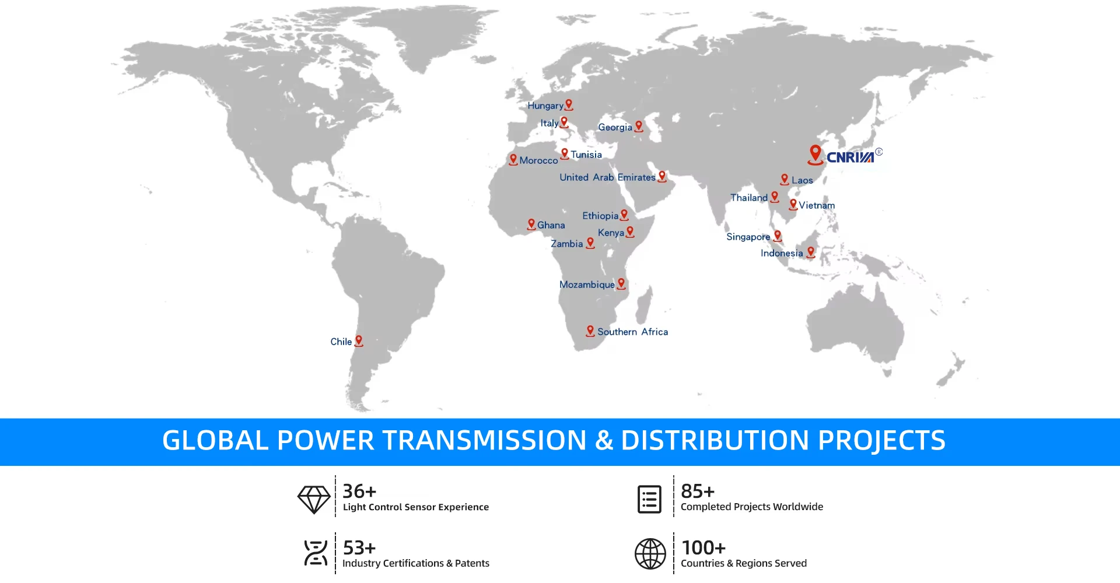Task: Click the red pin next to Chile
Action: (x=359, y=341)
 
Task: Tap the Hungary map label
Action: (x=545, y=106)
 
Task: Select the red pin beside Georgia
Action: (x=639, y=126)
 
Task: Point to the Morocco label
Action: (x=538, y=160)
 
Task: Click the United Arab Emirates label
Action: (x=607, y=177)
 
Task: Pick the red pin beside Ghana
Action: (x=531, y=224)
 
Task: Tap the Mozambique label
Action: (x=587, y=285)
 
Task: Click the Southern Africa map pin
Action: (x=590, y=331)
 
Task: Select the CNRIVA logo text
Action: (x=850, y=157)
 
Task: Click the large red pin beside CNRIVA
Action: (x=815, y=154)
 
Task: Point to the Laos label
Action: (x=802, y=181)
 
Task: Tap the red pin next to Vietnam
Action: (x=793, y=204)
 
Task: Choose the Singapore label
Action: (x=748, y=237)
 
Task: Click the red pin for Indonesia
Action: (x=811, y=252)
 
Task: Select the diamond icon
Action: (x=314, y=500)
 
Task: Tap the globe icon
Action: (x=650, y=554)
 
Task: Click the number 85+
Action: (x=698, y=491)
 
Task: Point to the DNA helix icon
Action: (x=316, y=553)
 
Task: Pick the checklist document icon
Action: (x=650, y=500)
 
